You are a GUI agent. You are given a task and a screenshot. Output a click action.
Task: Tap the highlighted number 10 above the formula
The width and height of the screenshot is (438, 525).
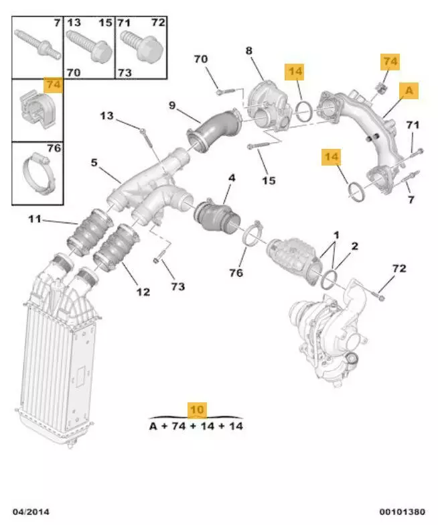click(x=198, y=410)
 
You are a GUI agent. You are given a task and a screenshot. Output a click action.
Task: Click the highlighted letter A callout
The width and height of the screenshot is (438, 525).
click(x=409, y=89)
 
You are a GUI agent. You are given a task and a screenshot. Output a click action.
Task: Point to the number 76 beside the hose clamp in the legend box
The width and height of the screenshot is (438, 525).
click(x=54, y=149)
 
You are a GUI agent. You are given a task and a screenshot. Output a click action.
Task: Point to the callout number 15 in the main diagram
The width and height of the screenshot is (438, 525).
click(x=268, y=180)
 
